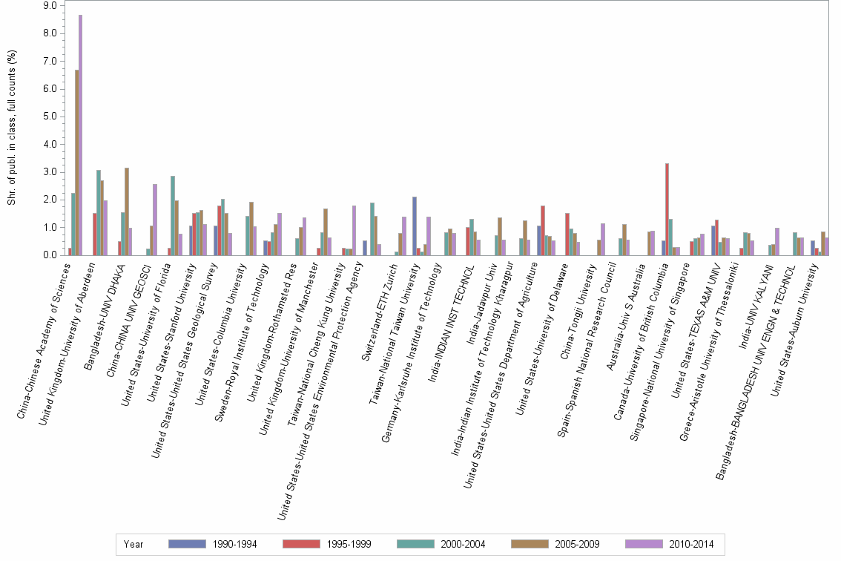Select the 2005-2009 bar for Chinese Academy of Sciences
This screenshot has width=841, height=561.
click(x=76, y=163)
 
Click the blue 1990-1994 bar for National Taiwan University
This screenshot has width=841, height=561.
click(x=415, y=226)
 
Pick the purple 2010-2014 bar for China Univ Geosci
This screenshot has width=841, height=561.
click(x=155, y=220)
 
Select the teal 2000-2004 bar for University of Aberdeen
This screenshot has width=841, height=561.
click(x=98, y=213)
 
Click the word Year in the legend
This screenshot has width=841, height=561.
click(x=133, y=545)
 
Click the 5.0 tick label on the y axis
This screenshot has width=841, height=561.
click(x=50, y=117)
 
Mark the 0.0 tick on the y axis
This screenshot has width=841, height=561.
click(x=50, y=255)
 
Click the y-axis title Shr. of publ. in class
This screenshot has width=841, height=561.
click(x=12, y=130)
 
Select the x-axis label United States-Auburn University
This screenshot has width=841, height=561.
click(x=797, y=326)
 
